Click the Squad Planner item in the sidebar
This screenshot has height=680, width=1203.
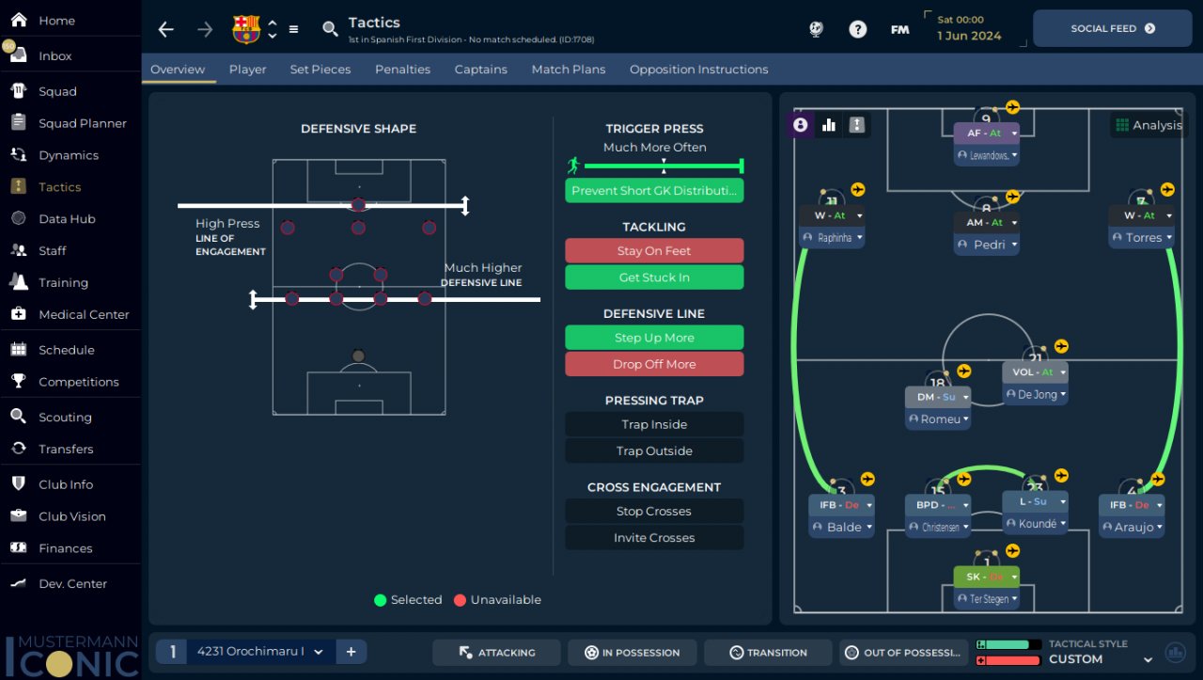tap(82, 123)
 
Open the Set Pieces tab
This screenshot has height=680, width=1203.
tap(320, 70)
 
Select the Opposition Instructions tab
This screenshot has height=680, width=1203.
tap(698, 70)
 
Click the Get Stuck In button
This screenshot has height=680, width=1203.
tap(654, 277)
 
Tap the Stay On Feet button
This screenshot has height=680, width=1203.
tap(654, 251)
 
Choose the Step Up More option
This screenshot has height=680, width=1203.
tap(654, 338)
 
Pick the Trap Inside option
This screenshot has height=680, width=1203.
tap(654, 424)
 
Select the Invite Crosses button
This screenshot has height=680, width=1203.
tap(654, 538)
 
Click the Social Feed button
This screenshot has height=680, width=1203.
tap(1112, 28)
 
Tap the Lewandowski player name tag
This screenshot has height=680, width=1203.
tap(987, 155)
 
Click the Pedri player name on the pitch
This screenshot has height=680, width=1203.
tap(987, 245)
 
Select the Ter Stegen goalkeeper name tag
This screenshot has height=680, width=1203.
tap(987, 598)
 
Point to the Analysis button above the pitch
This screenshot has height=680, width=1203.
tap(1148, 125)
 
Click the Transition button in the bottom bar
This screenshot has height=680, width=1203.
tap(767, 653)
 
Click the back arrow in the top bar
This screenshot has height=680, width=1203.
tap(166, 29)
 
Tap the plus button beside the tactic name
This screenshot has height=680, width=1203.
tap(351, 652)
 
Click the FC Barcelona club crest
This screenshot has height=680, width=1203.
tap(246, 29)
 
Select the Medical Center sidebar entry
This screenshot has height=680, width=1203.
tap(84, 314)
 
